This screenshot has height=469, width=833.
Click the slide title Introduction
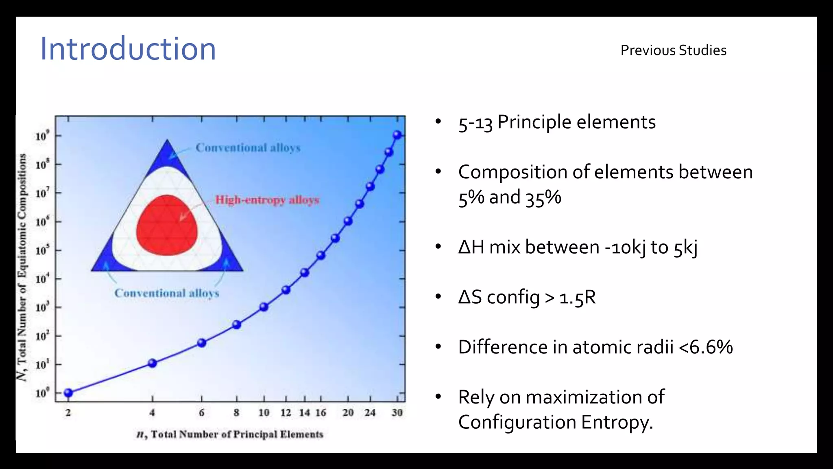point(128,49)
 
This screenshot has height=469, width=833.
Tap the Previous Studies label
point(673,50)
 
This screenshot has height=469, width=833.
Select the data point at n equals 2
point(68,393)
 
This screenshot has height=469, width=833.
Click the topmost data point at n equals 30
point(397,135)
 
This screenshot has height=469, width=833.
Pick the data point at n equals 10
point(264,307)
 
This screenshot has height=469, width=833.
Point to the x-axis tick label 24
point(370,413)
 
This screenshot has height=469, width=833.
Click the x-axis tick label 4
point(152,413)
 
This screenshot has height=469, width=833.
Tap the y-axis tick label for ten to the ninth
point(42,136)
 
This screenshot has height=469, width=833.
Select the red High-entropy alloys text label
point(267,200)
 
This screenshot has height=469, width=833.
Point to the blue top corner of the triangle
point(167,155)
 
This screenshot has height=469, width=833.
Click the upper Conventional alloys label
point(248,148)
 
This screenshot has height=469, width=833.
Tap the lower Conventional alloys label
point(167,293)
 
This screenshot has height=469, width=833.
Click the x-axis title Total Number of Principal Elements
point(230,434)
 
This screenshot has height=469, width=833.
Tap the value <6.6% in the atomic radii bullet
point(706,347)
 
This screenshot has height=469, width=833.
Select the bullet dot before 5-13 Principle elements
point(438,122)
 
